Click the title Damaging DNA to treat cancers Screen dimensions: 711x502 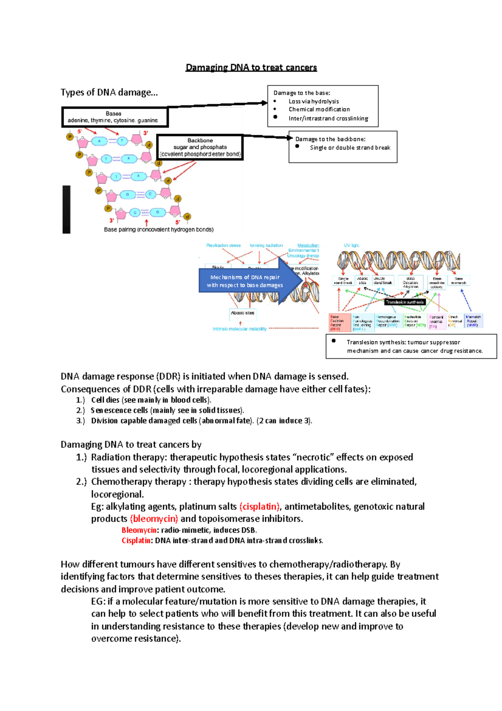click(x=251, y=67)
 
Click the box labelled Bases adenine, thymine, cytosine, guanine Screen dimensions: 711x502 click(x=115, y=117)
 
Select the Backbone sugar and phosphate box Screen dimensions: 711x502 click(x=200, y=147)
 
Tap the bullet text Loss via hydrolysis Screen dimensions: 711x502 click(x=313, y=101)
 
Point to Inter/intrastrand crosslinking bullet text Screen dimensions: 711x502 click(x=328, y=118)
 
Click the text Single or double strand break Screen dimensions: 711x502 click(x=350, y=148)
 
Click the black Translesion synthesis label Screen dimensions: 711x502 click(x=405, y=302)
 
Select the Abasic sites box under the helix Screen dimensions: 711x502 click(x=242, y=313)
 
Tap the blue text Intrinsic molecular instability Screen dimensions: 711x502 click(x=239, y=329)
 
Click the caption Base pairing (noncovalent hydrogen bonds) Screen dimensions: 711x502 click(x=159, y=229)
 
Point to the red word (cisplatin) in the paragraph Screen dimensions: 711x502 click(x=259, y=507)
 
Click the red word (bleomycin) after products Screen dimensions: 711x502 click(x=154, y=519)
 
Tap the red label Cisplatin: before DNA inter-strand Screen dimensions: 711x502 click(x=137, y=541)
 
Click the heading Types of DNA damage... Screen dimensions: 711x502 click(x=109, y=92)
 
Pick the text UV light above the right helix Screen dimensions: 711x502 click(x=351, y=245)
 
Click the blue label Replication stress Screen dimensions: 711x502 click(x=223, y=245)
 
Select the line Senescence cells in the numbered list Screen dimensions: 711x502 click(x=167, y=410)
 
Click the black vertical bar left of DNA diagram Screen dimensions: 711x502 click(x=67, y=209)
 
